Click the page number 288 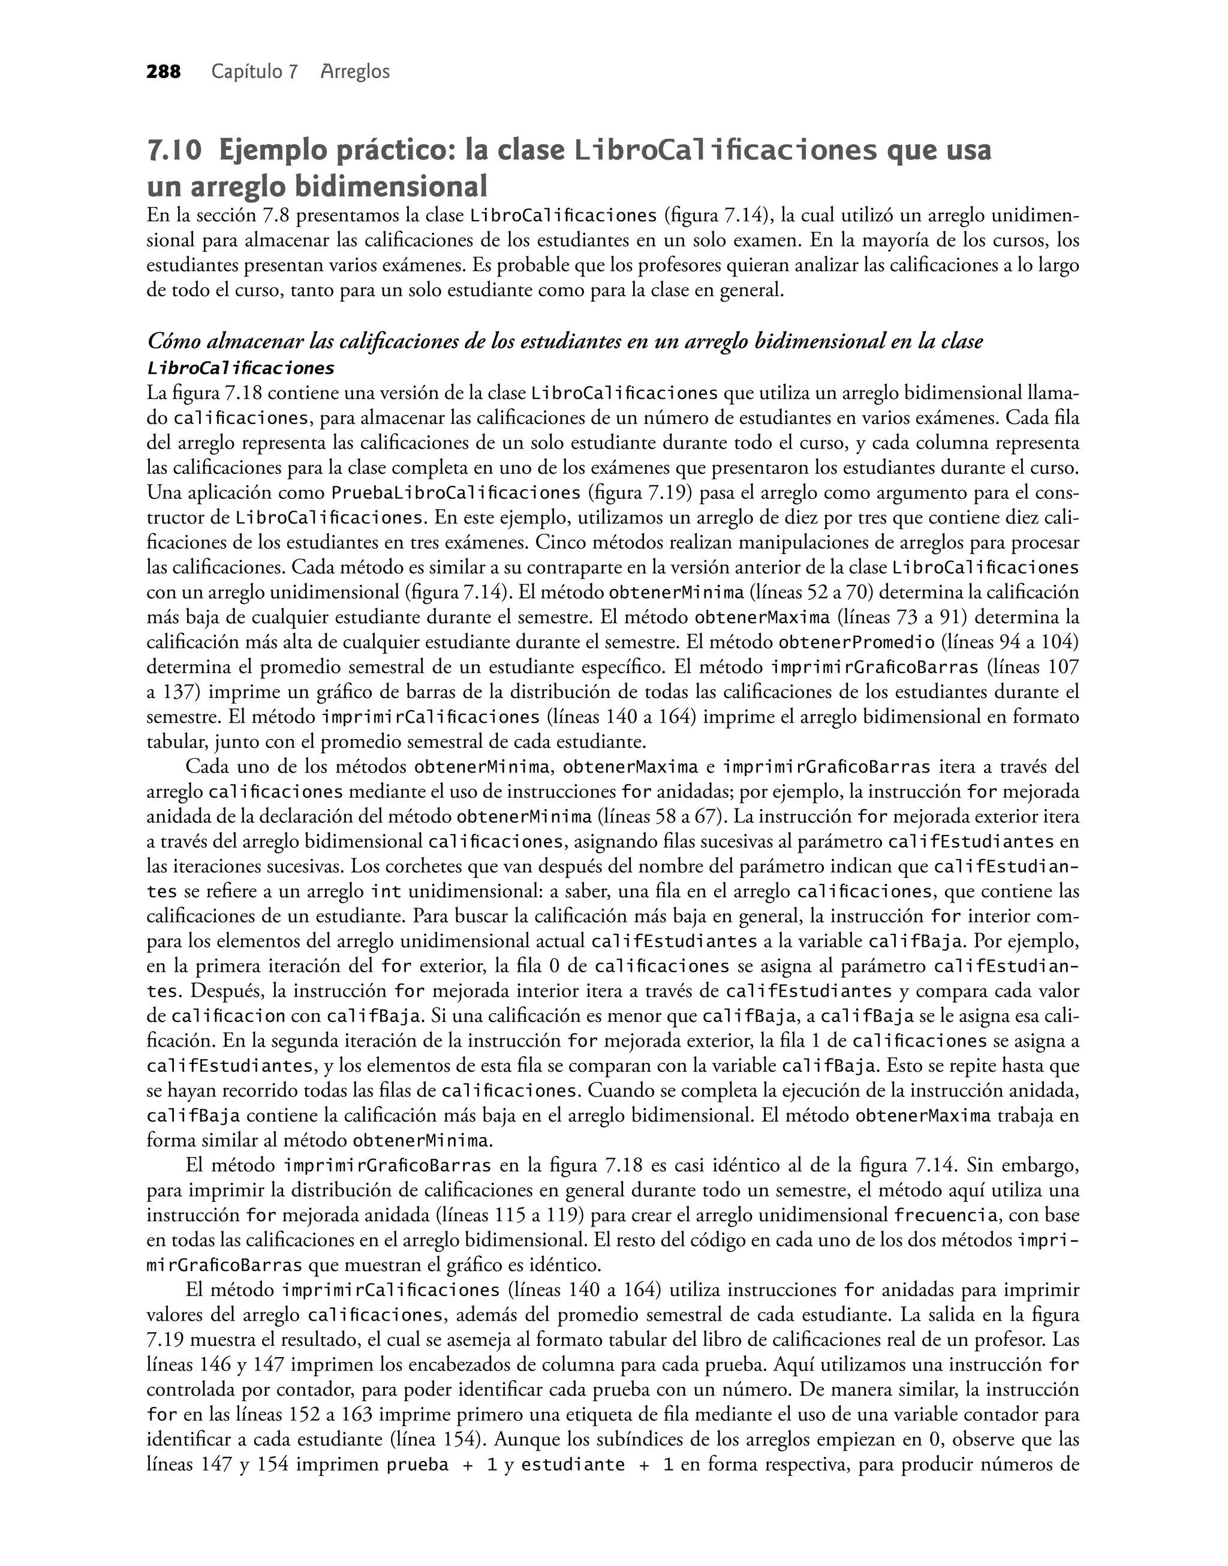point(163,72)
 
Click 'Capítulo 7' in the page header point(254,72)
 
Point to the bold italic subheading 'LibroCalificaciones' point(240,369)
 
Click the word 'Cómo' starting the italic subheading point(170,341)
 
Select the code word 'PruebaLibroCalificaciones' point(455,493)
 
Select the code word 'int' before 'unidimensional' point(386,892)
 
